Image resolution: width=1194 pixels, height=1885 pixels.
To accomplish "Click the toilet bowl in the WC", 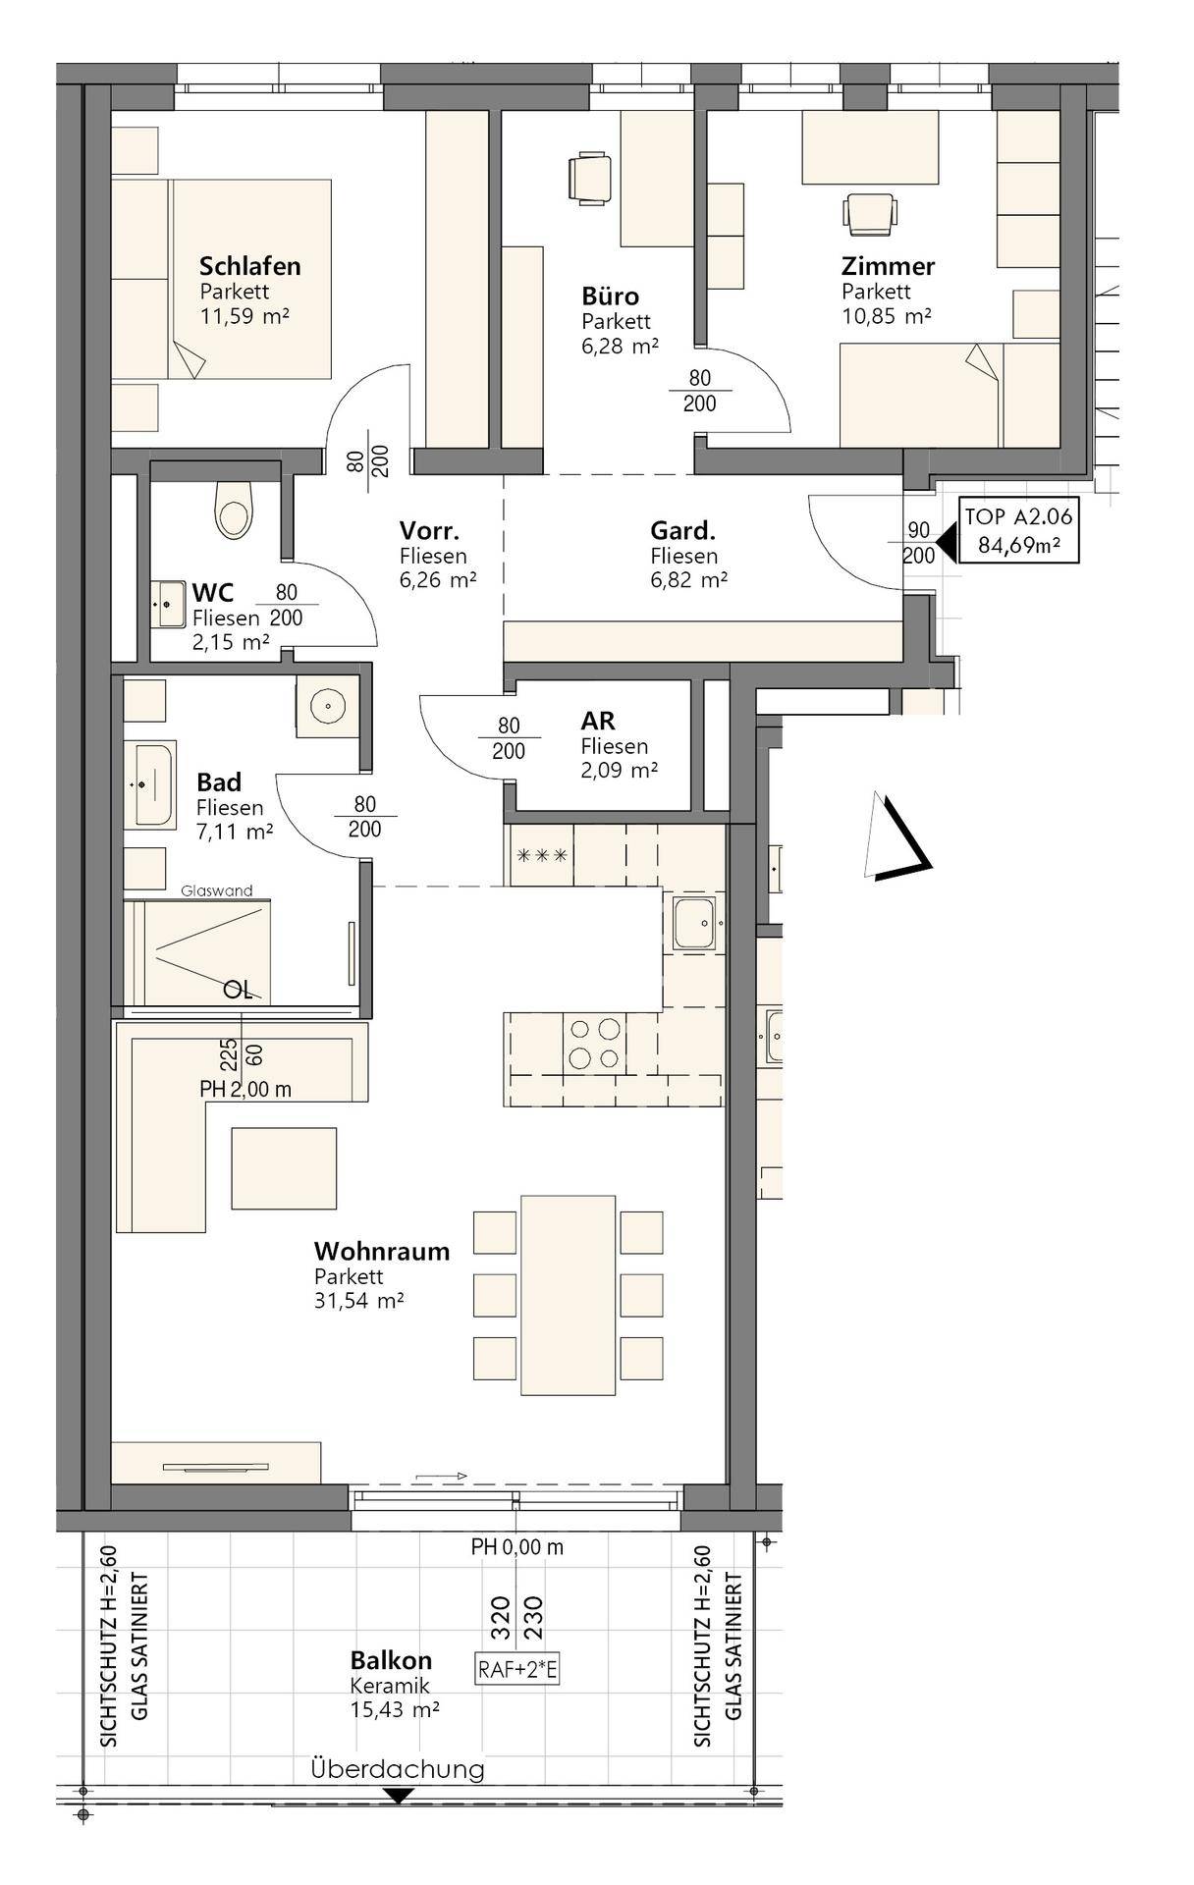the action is coord(234,510).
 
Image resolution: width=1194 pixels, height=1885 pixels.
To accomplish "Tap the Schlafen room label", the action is coord(249,265).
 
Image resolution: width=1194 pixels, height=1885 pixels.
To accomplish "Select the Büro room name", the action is coord(610,296).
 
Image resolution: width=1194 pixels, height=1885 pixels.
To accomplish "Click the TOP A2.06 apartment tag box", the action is coord(1018,531).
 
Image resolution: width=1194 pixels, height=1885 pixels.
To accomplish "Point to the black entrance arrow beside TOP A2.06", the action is coord(947,542).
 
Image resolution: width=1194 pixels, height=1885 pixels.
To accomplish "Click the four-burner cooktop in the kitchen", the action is coord(595,1043).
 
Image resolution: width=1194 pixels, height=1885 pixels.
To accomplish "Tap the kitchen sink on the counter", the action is coord(697,923).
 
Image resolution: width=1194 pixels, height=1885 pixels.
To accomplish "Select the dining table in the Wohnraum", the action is coord(569,1295).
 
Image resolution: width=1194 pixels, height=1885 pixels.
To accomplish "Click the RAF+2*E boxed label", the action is coord(517,1668).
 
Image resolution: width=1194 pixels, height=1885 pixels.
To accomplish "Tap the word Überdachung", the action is coord(398,1768).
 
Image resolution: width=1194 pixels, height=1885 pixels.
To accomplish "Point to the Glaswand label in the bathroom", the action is coord(217,890).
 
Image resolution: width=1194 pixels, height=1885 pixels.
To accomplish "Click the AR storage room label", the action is coord(598,721).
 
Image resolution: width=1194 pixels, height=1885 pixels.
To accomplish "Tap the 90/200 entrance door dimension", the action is coord(919,542).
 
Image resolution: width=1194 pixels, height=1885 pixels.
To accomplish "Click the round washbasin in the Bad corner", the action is coord(326,703).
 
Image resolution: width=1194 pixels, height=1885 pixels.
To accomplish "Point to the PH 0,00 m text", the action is coord(517,1547).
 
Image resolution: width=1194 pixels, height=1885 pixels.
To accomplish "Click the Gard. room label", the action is coord(682,531).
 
